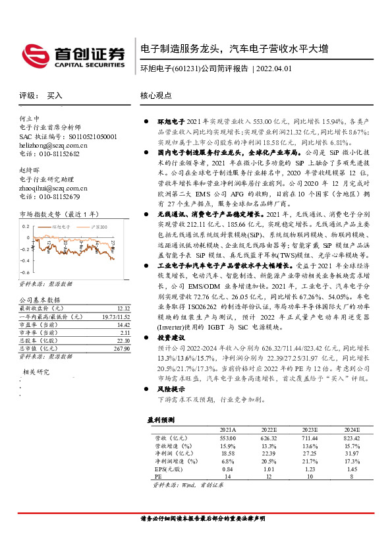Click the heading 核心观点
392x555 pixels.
pyautogui.click(x=156, y=96)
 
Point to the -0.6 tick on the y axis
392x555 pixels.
pyautogui.click(x=24, y=272)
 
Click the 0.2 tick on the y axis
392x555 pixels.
pyautogui.click(x=26, y=226)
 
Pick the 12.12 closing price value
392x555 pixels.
pyautogui.click(x=122, y=308)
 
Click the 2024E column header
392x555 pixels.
pyautogui.click(x=352, y=429)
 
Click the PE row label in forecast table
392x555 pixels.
pyautogui.click(x=157, y=477)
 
